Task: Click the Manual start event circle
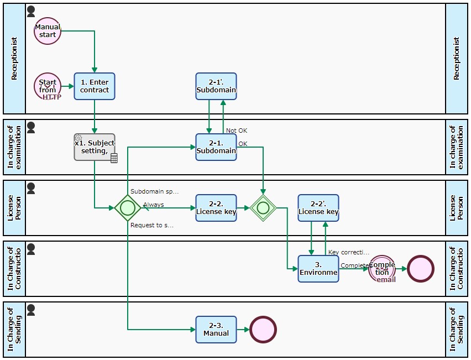point(48,31)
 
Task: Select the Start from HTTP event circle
point(48,86)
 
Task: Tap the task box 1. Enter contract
point(95,86)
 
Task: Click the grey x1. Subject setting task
point(94,147)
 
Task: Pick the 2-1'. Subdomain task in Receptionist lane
point(216,86)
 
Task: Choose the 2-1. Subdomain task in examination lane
point(216,147)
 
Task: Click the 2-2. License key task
point(216,208)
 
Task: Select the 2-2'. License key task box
point(318,208)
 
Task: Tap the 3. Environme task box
point(318,269)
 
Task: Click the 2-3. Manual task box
point(216,330)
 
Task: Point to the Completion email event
point(382,269)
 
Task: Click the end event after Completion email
point(421,269)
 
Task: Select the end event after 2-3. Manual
point(263,330)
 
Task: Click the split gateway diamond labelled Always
point(128,208)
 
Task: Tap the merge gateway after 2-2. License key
point(263,208)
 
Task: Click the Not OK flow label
point(237,131)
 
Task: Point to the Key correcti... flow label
point(349,252)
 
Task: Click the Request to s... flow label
point(152,226)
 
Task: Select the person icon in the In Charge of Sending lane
point(31,309)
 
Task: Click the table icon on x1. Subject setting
point(114,159)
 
